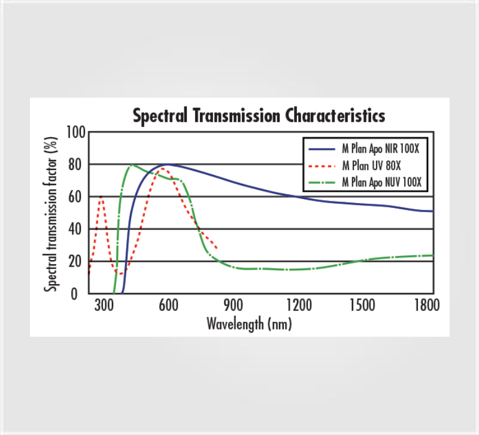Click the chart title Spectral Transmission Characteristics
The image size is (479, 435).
coord(259,114)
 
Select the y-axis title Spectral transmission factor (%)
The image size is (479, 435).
coord(53,214)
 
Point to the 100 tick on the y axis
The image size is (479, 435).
coord(76,132)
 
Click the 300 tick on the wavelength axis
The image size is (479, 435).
coord(104,305)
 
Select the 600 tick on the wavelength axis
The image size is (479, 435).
coord(169,305)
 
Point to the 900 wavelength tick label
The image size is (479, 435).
coord(234,305)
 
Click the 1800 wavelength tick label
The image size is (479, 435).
coord(427,305)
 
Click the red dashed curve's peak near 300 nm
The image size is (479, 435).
coord(101,196)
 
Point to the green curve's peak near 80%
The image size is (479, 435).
coord(132,165)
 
